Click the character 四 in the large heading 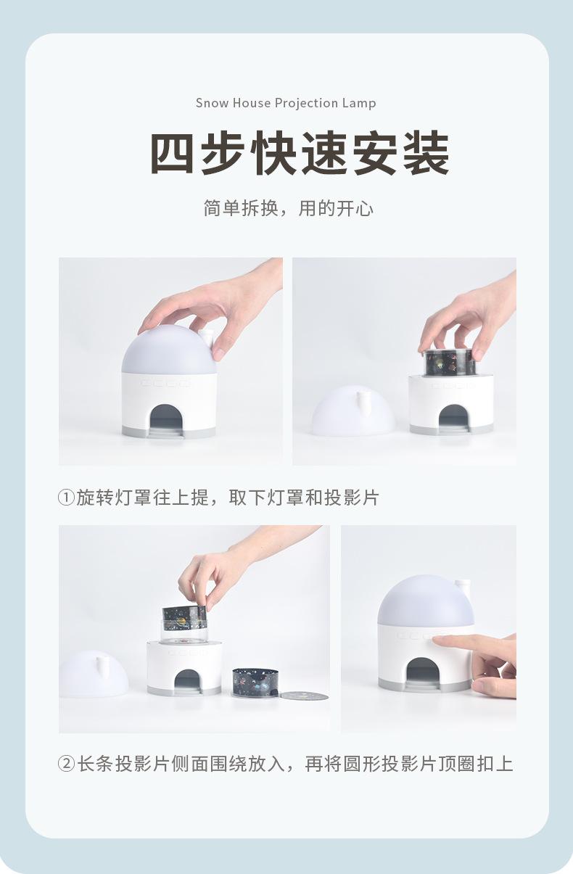pos(172,153)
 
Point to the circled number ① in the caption pos(66,498)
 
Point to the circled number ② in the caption pos(66,764)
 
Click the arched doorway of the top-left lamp pos(166,419)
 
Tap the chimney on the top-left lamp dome pos(206,339)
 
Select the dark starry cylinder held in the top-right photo pos(450,363)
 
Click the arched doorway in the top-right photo pos(453,419)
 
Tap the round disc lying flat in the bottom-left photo pos(304,696)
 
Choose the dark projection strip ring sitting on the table pos(255,682)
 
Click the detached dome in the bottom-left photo pos(94,674)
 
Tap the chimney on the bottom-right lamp pos(463,590)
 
